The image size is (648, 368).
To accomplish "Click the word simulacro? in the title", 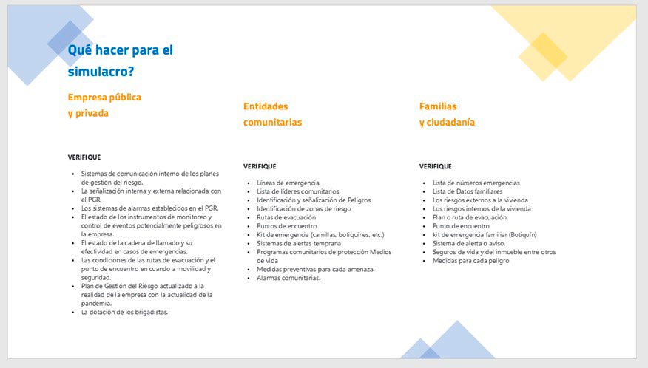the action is (101, 72).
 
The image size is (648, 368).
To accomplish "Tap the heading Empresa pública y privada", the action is (104, 105).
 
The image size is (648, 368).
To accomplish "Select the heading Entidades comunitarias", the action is (272, 114).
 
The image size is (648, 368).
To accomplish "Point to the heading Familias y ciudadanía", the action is (447, 114).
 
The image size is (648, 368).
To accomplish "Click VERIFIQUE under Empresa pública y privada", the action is (84, 157).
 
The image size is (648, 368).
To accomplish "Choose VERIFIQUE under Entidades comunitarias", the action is (260, 166).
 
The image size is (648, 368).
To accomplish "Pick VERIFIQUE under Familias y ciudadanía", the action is (436, 166).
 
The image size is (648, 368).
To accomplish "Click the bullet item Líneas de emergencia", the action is (288, 183).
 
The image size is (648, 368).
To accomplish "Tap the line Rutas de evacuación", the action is (286, 217).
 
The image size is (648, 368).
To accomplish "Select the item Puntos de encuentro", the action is (287, 226).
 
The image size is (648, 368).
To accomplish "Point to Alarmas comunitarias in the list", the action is (288, 278).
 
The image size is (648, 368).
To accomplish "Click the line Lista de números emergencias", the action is (476, 183).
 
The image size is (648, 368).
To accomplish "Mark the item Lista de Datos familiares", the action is (468, 191).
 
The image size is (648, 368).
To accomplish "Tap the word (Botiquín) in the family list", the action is (523, 234).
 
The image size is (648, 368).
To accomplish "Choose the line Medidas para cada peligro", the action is (470, 261).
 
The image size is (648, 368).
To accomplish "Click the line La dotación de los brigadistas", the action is (124, 313).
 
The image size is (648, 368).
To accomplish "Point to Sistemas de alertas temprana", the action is (299, 243).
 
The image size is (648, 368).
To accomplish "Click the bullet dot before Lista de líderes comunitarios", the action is (249, 192).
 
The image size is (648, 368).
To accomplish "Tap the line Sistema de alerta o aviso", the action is (469, 243).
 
